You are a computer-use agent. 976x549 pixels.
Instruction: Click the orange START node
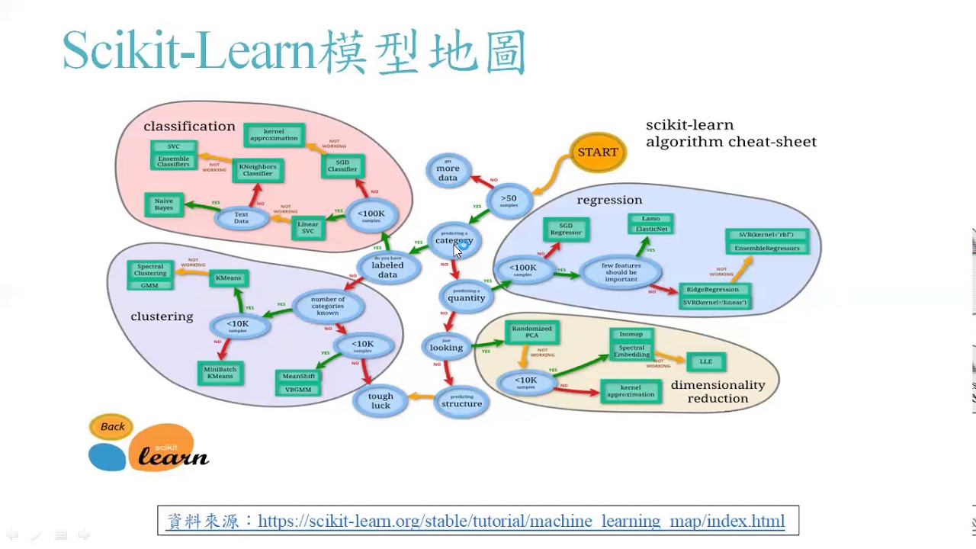598,152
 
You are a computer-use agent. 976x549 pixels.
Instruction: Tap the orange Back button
112,427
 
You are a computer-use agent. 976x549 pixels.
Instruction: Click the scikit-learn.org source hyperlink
521,522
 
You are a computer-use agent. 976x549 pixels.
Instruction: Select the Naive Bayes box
164,204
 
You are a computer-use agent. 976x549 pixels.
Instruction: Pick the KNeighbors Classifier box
258,169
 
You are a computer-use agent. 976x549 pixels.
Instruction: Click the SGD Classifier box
342,165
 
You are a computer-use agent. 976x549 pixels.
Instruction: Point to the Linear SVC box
308,228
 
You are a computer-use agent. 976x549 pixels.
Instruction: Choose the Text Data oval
241,218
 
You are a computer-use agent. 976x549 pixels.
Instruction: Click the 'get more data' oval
448,173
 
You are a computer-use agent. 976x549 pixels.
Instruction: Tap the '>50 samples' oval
509,201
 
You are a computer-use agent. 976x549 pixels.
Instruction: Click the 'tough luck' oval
380,400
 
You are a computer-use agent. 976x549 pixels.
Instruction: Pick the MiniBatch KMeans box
220,372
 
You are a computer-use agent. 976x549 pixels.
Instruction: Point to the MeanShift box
299,377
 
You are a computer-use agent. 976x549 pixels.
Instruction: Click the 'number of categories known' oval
328,306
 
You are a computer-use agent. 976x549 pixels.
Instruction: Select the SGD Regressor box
566,229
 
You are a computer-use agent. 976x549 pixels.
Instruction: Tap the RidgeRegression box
713,290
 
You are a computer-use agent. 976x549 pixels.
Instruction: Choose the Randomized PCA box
531,332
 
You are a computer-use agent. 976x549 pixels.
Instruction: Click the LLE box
705,361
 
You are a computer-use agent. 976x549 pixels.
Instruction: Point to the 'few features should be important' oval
621,272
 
